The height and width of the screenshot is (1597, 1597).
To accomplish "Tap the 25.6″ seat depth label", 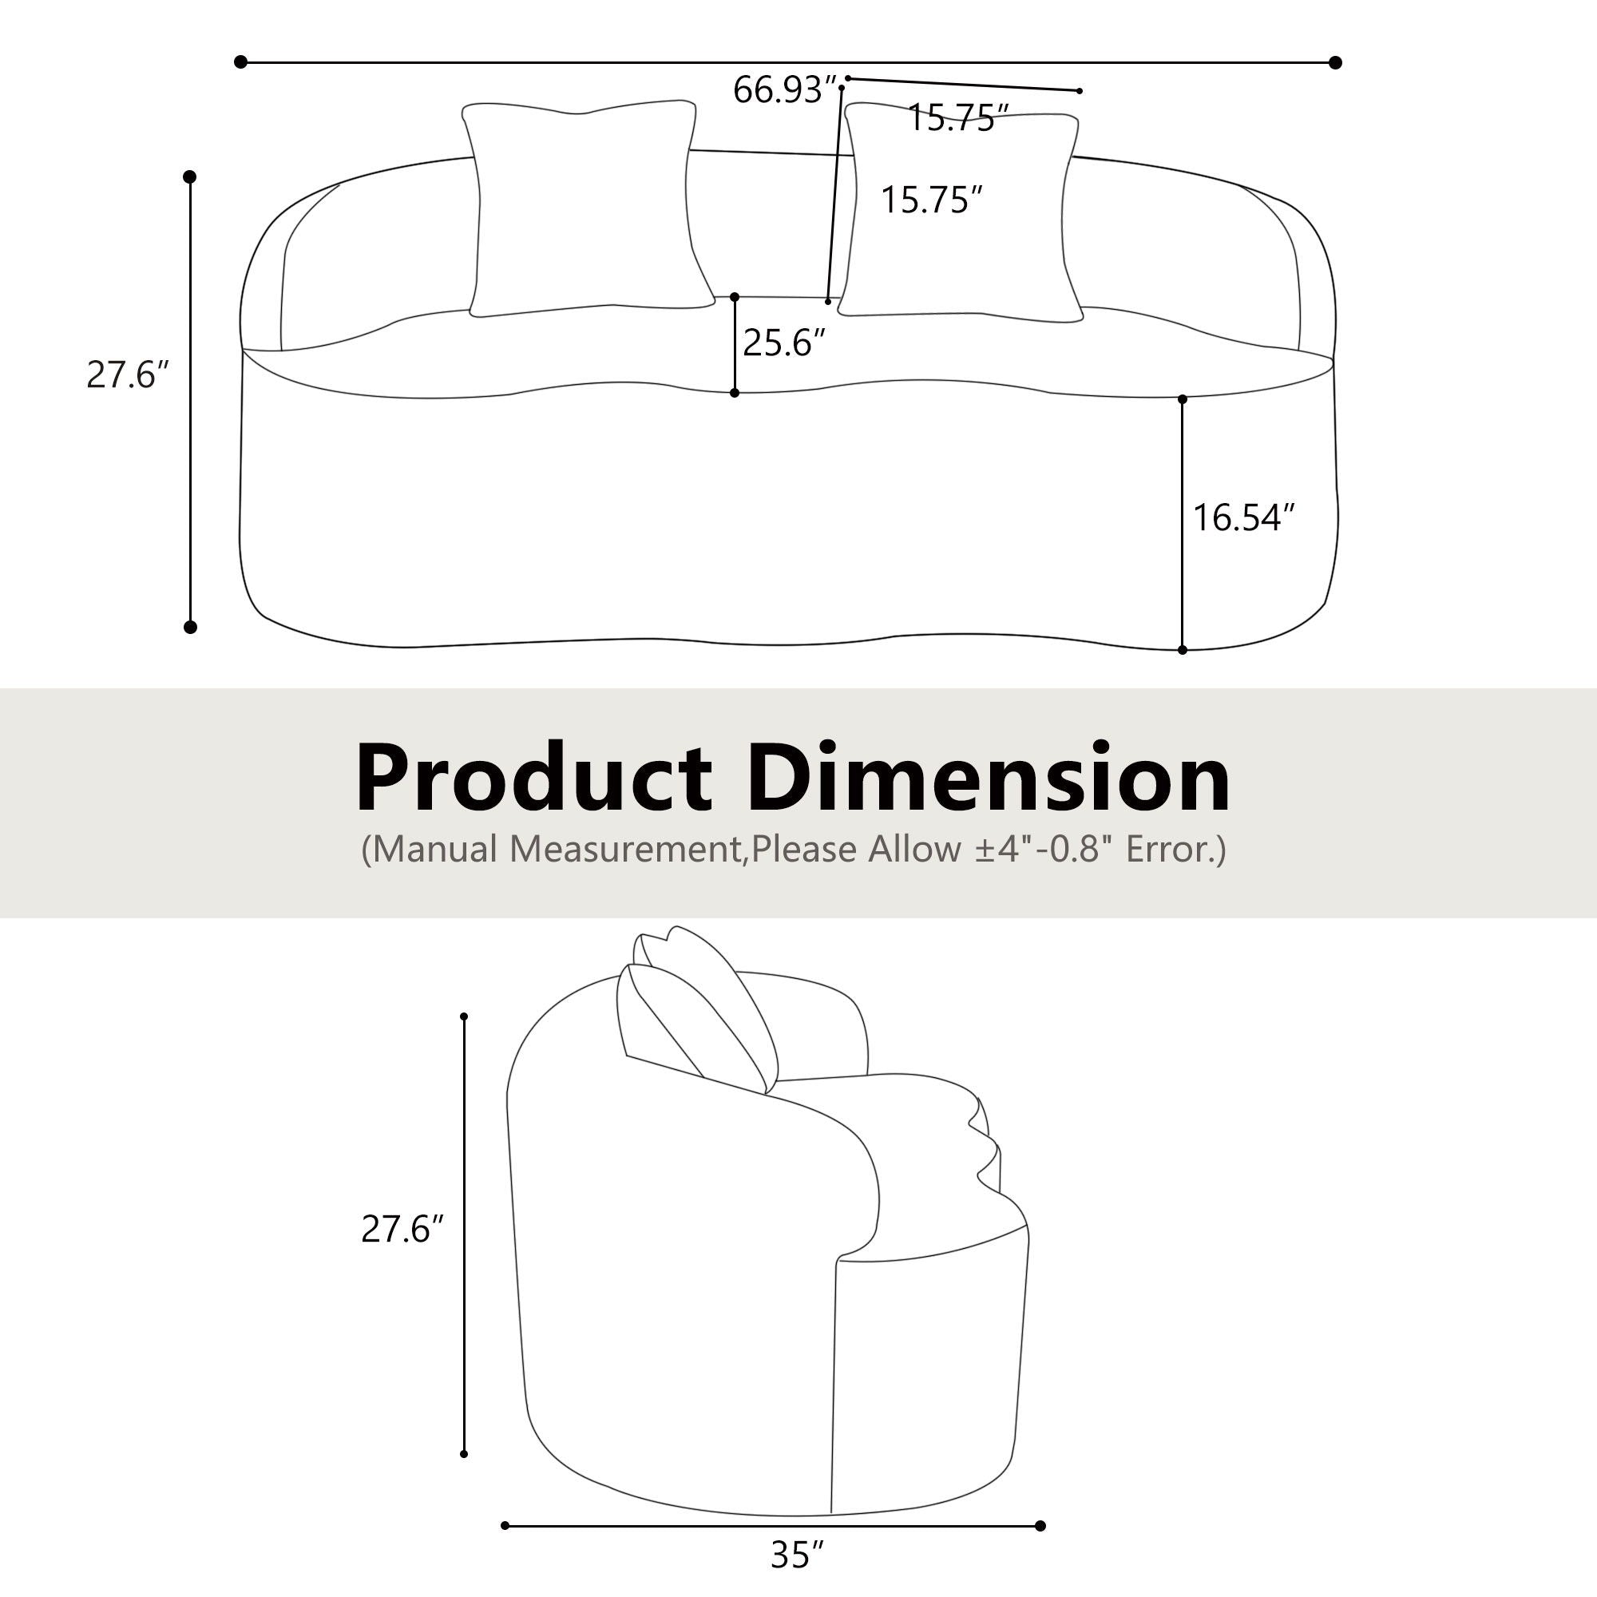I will pyautogui.click(x=783, y=343).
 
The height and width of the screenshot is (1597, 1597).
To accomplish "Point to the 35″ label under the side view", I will pyautogui.click(x=798, y=1555).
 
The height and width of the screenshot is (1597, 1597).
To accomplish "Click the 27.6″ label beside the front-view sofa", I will pyautogui.click(x=128, y=375).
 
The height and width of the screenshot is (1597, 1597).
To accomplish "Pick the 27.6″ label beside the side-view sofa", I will pyautogui.click(x=402, y=1229).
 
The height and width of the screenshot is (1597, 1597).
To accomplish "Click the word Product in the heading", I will pyautogui.click(x=534, y=779).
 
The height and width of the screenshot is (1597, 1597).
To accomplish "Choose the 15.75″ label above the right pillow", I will pyautogui.click(x=958, y=118).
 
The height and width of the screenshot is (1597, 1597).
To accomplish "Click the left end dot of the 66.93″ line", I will pyautogui.click(x=240, y=62).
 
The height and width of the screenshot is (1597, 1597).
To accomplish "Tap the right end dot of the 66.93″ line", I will pyautogui.click(x=1336, y=63).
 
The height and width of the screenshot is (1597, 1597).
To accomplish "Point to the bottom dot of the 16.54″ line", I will pyautogui.click(x=1183, y=651).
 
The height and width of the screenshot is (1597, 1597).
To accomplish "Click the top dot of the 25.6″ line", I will pyautogui.click(x=735, y=298).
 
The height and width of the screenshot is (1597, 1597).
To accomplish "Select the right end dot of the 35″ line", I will pyautogui.click(x=1040, y=1526).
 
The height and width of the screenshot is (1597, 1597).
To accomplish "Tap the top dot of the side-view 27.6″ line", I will pyautogui.click(x=465, y=1016).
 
